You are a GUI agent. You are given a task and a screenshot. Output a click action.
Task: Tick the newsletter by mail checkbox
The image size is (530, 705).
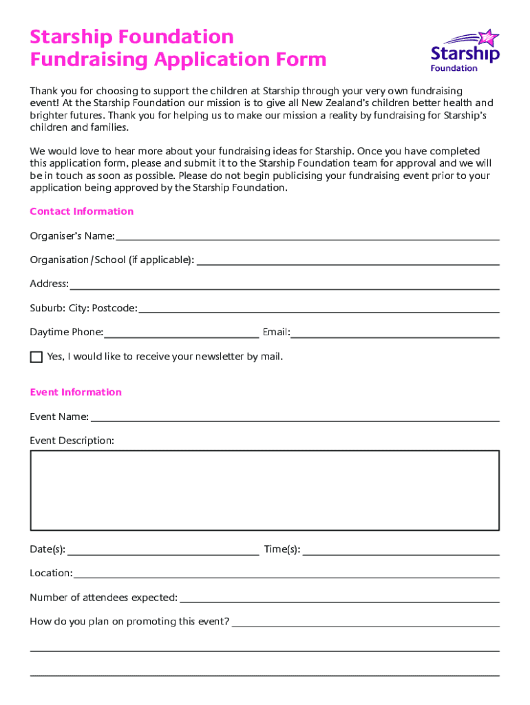click(x=36, y=357)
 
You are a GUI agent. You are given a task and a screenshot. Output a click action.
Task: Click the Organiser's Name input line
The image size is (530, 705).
click(x=307, y=236)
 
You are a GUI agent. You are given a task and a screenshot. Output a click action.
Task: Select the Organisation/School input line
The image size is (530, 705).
click(x=348, y=260)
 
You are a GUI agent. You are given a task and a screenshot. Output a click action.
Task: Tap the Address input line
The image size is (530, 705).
click(x=284, y=284)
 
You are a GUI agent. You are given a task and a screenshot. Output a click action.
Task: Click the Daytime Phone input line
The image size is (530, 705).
click(x=181, y=333)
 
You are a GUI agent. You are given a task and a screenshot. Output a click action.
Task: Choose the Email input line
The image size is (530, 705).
click(x=394, y=333)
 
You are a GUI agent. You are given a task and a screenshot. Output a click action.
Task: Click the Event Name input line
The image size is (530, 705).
click(x=295, y=417)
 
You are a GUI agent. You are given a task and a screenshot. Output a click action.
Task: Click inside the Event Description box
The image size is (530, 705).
click(x=264, y=490)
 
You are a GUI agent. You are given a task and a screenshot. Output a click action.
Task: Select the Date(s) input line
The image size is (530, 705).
click(x=163, y=549)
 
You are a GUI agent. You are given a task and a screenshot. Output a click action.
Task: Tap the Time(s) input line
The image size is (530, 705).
click(x=401, y=549)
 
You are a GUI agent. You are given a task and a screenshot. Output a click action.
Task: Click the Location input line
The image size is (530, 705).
click(x=286, y=574)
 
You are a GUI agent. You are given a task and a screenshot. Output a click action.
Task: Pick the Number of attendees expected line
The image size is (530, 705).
click(x=339, y=598)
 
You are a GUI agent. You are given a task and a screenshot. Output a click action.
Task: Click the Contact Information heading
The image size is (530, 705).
click(x=81, y=211)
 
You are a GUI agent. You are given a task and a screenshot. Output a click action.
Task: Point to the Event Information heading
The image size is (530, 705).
click(x=76, y=392)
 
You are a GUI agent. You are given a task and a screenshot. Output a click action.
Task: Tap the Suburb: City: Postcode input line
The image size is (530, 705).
click(x=319, y=308)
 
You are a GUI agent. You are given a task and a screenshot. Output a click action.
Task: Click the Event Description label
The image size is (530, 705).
click(x=72, y=441)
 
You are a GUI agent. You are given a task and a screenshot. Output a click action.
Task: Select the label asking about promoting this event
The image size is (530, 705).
click(x=129, y=622)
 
